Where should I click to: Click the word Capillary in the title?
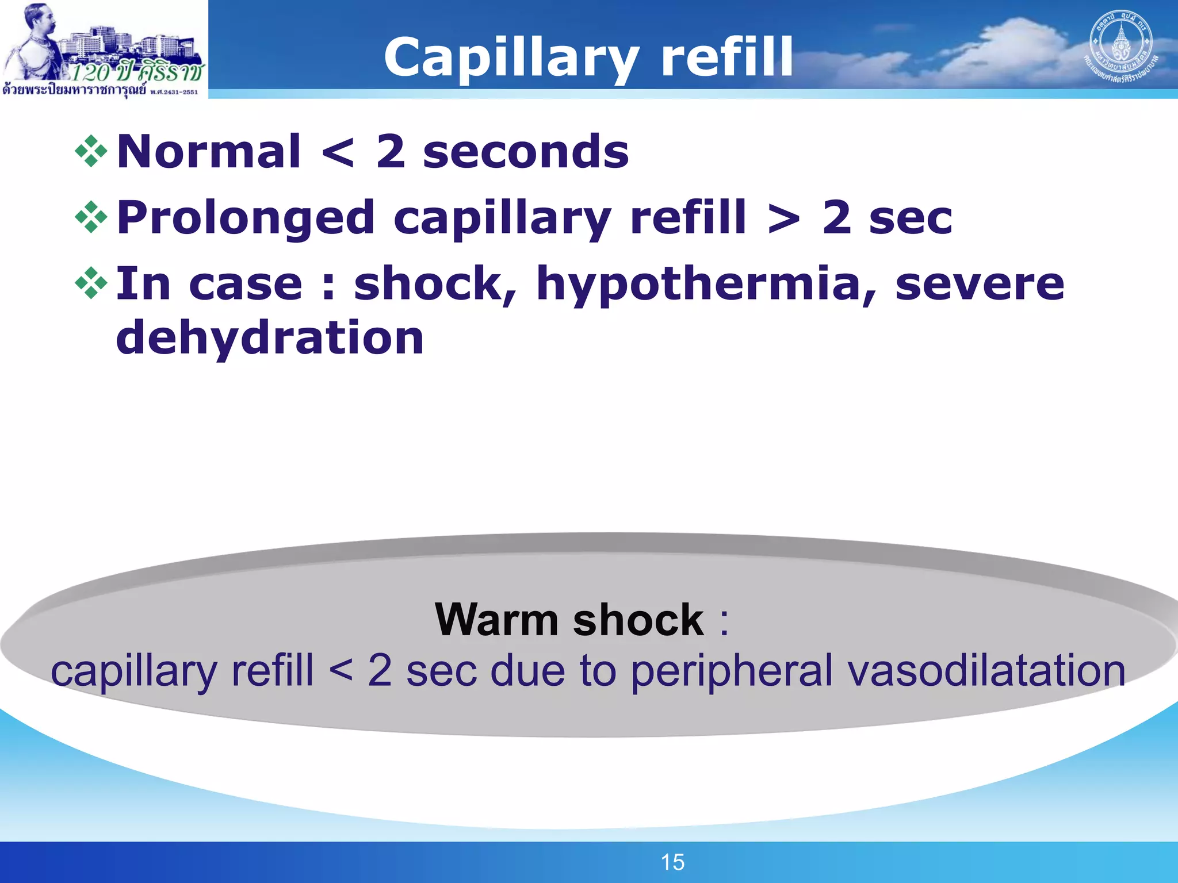coord(511,57)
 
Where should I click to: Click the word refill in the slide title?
coord(728,57)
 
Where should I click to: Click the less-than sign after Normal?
coord(338,153)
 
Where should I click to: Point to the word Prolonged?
coord(246,218)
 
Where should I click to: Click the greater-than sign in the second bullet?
coord(783,218)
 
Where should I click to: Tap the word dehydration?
coord(270,338)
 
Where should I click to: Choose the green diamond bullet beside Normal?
coord(91,152)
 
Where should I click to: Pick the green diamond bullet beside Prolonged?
coord(91,217)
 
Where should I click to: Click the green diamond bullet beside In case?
coord(91,283)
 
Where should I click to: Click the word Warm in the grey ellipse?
coord(496,620)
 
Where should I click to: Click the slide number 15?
coord(672,862)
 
